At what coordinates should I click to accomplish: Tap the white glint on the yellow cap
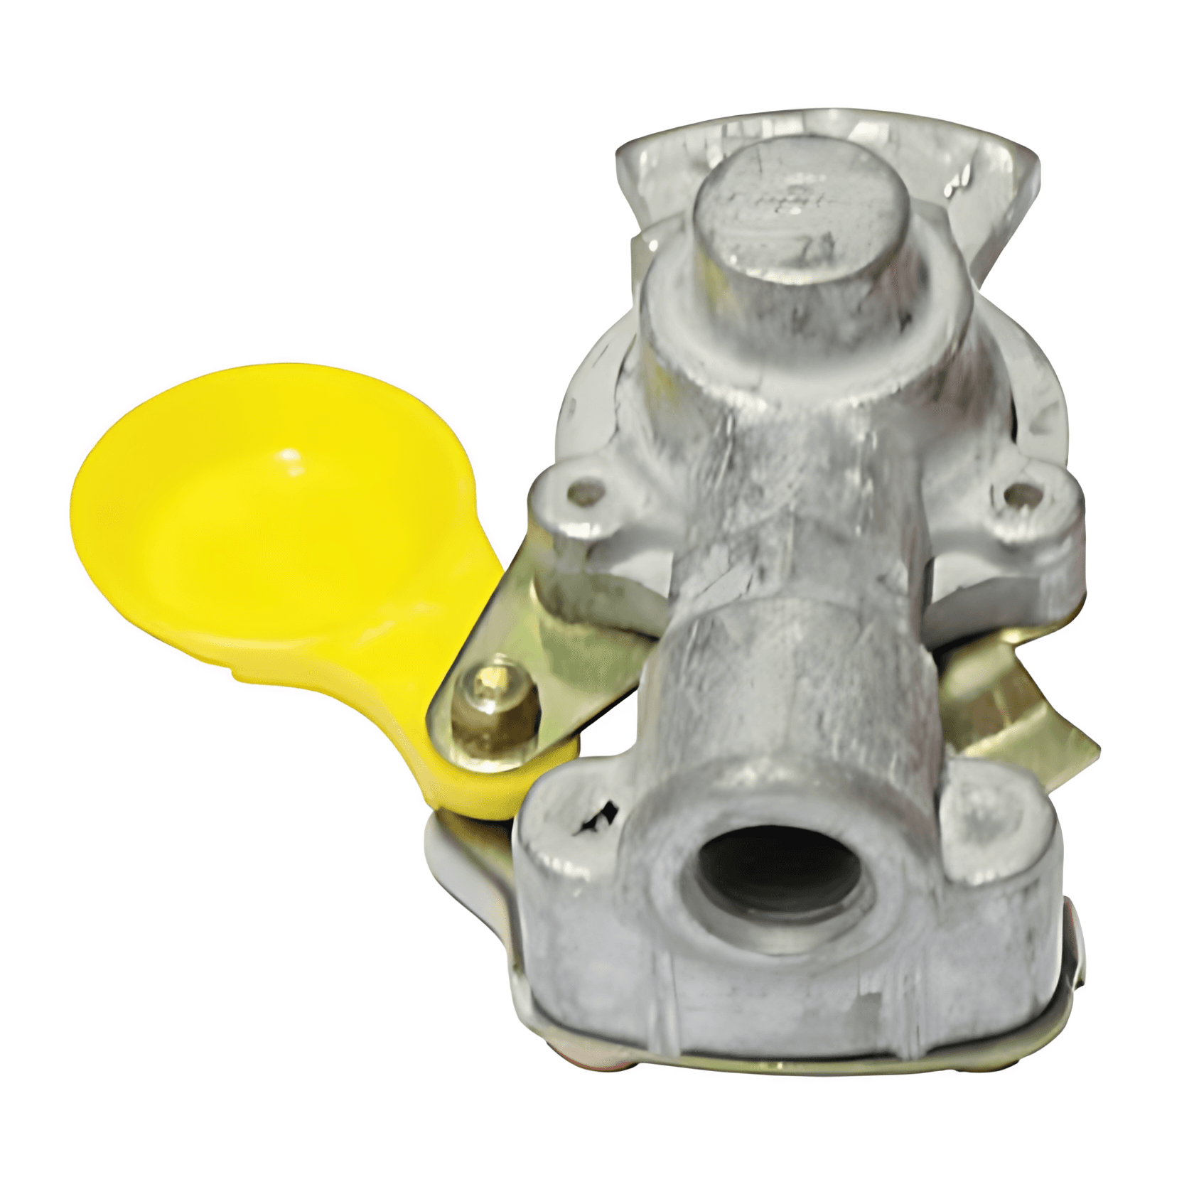[290, 455]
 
